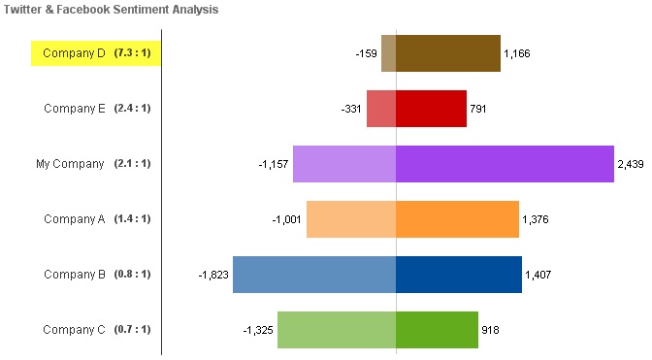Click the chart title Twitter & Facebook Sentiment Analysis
[x=111, y=9]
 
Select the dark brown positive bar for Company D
[x=448, y=53]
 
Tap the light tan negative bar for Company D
[x=389, y=53]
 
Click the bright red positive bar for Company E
[x=431, y=109]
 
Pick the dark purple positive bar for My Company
[x=505, y=164]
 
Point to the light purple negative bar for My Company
[x=344, y=164]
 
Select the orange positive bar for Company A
[x=457, y=219]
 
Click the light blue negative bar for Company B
[x=314, y=275]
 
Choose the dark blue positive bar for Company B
[x=459, y=275]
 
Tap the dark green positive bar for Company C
[x=437, y=330]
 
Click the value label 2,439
[x=631, y=164]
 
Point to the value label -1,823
[x=213, y=275]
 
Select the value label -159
[x=367, y=53]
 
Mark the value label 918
[x=490, y=330]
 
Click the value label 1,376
[x=536, y=219]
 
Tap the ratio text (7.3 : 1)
[x=132, y=52]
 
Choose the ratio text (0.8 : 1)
[x=132, y=274]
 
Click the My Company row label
[x=70, y=164]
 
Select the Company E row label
[x=75, y=109]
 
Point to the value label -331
[x=351, y=109]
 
